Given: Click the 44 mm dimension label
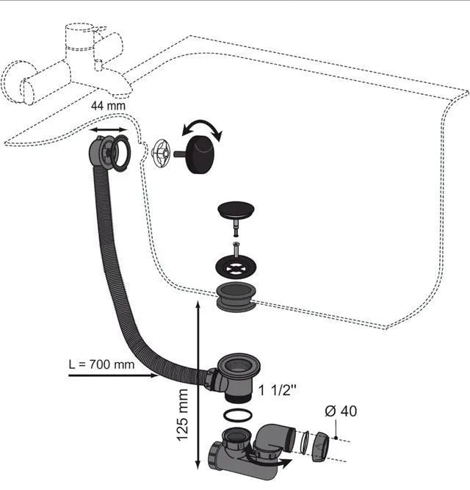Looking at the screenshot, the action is coord(108,106).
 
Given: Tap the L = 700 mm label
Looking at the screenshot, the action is coord(101,364).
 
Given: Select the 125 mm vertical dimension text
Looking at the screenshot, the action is coord(183,415).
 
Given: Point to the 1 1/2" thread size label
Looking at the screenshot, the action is coord(278,390).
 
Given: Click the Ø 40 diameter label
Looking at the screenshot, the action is coord(341,411).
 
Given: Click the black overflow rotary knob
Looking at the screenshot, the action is coord(199,154).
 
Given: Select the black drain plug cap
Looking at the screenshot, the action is coord(236,209).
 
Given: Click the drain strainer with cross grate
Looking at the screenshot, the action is coord(236,266).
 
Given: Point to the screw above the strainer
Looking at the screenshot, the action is coord(236,249).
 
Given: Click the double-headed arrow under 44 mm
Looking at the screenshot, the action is coord(109,129).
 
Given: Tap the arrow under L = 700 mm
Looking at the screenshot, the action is coord(113,375).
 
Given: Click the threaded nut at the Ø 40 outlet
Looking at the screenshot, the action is coord(320,447).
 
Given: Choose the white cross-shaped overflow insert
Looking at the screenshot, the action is coord(161,153).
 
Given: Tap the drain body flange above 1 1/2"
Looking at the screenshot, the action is coord(239,364).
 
